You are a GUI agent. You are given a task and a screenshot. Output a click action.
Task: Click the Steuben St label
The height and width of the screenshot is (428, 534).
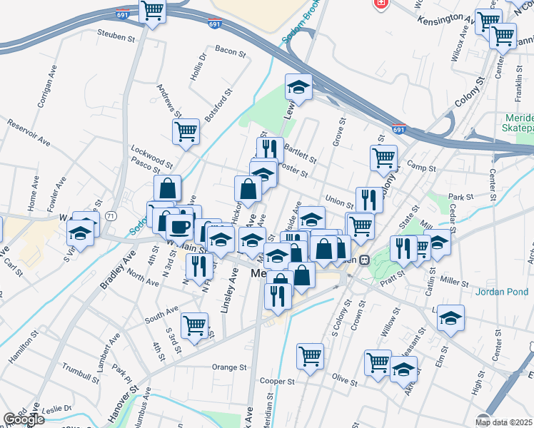116,36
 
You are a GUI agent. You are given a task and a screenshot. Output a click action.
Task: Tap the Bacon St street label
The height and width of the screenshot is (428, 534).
230,52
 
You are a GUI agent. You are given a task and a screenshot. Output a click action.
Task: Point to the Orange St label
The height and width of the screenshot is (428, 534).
228,367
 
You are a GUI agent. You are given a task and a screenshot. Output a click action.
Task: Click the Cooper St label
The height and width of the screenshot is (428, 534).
278,382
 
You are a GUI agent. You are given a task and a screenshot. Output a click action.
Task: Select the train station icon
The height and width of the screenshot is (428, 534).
364,260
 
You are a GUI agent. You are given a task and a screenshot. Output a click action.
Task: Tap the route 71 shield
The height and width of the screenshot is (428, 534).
110,215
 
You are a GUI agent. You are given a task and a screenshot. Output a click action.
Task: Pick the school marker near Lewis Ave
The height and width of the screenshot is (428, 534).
299,88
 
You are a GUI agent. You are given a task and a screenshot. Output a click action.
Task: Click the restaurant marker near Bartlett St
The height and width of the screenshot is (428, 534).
270,148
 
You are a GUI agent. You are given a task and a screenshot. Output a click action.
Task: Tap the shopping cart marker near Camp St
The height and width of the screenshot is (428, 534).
383,156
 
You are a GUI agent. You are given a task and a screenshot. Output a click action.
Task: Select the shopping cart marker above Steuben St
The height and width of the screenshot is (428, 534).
152,11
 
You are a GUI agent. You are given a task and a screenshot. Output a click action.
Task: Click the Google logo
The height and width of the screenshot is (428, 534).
24,419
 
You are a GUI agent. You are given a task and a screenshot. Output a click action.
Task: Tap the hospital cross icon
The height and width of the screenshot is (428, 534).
381,3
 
